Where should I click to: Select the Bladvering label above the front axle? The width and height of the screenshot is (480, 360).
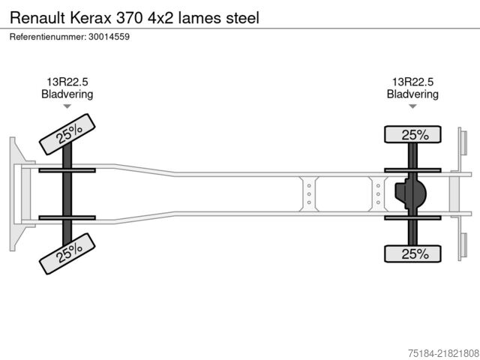coord(67,94)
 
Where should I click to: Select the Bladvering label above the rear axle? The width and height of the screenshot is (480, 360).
coord(412,94)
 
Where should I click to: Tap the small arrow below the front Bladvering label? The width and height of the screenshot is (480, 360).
coord(67,107)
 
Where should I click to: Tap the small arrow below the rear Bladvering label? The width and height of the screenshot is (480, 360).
coord(412,107)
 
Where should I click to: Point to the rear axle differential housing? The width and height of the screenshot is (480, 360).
coord(411,193)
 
